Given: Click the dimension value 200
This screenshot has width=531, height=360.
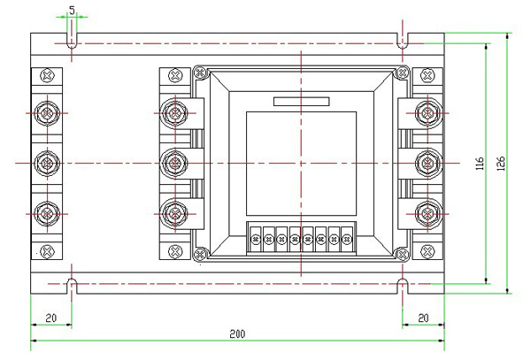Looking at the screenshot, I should [x=237, y=333].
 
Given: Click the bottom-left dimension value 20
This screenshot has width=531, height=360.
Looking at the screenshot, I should [x=50, y=317].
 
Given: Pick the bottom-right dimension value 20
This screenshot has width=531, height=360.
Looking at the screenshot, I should [x=423, y=317].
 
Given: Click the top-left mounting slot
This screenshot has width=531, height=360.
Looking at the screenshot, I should [x=71, y=42].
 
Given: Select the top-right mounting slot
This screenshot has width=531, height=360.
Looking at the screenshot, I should [x=403, y=42].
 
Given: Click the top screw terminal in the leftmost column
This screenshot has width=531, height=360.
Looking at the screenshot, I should [x=46, y=112].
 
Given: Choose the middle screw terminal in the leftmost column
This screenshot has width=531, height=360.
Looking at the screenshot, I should [x=46, y=163].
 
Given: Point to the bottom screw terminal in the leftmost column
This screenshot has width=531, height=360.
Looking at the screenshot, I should [x=46, y=213].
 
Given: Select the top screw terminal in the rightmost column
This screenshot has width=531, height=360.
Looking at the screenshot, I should [x=429, y=112].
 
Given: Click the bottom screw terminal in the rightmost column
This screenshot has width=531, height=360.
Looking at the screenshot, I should [x=429, y=213].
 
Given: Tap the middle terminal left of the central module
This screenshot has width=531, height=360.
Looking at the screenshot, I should [x=174, y=163].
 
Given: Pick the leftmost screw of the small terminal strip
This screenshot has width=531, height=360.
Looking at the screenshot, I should [x=257, y=238].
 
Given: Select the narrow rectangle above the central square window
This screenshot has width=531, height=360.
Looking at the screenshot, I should [x=301, y=101].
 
